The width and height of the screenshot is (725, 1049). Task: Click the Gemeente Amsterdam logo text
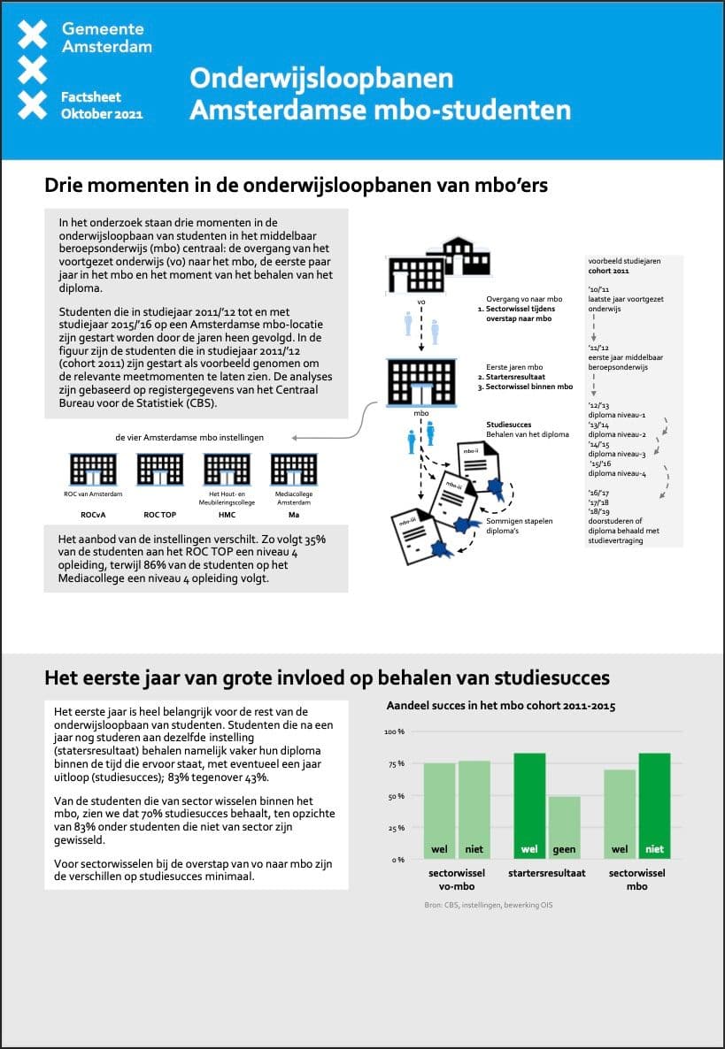coord(106,37)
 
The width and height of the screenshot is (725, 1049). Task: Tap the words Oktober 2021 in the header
coord(102,114)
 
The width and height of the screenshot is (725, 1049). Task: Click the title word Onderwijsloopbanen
coord(321,78)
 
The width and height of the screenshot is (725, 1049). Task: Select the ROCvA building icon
coord(92,469)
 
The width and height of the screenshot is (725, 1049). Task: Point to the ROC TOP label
coord(159,514)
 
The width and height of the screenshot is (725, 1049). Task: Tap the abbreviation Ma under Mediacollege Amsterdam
coord(293,514)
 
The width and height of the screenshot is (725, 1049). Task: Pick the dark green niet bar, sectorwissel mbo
coord(654,805)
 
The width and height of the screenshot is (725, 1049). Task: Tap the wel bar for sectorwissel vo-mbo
coord(439,810)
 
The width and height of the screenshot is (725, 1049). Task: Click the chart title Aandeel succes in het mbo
coord(501,706)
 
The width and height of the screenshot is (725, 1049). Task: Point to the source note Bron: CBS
coord(489,905)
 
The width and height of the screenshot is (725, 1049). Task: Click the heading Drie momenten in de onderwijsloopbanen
coord(296,186)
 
